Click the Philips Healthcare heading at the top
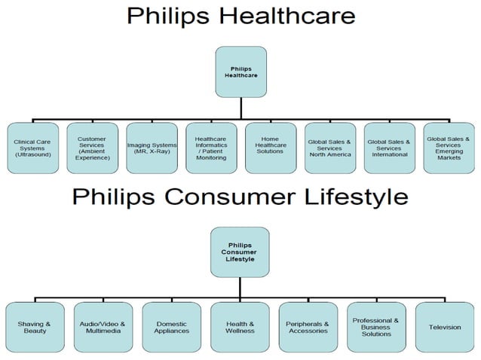coord(240,16)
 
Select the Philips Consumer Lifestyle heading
coord(240,197)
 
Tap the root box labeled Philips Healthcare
coord(240,72)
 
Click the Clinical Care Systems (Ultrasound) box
coord(32,147)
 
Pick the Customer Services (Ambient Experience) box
coord(93,147)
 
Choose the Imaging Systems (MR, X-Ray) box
coord(152,147)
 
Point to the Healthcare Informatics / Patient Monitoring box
coord(210,147)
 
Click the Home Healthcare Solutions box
coord(270,147)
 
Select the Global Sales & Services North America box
coord(329,147)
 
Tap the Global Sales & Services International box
coord(388,147)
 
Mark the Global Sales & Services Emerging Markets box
coord(448,147)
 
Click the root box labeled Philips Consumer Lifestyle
coord(240,252)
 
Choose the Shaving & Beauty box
coord(35,327)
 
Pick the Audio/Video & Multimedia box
coord(103,327)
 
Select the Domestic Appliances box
coord(171,327)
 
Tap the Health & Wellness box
coord(240,327)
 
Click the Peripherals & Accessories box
coord(308,327)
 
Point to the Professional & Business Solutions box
coord(376,327)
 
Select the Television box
coord(445,327)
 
